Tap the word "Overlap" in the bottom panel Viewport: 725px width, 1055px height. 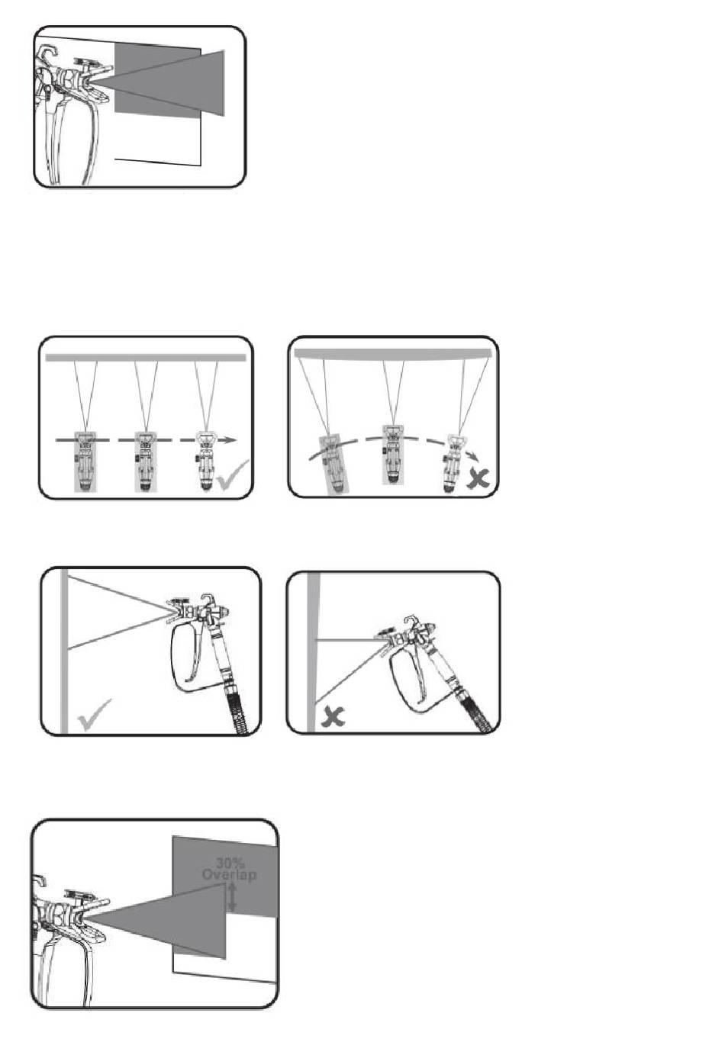pyautogui.click(x=230, y=875)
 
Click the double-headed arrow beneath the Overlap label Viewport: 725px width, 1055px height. pyautogui.click(x=232, y=897)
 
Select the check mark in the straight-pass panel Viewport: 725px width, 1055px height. pyautogui.click(x=234, y=474)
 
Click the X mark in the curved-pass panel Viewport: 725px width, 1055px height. pyautogui.click(x=478, y=478)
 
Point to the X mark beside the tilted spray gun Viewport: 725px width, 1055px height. pyautogui.click(x=333, y=717)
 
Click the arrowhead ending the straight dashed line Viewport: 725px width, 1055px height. pyautogui.click(x=230, y=440)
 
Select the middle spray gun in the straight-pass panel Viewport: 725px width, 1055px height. pyautogui.click(x=145, y=462)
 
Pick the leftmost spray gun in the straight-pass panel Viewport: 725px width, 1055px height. pyautogui.click(x=85, y=462)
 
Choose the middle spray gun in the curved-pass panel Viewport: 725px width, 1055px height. pyautogui.click(x=393, y=455)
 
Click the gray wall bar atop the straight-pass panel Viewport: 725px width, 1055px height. pyautogui.click(x=146, y=358)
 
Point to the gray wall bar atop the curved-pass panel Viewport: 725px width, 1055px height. pyautogui.click(x=393, y=354)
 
